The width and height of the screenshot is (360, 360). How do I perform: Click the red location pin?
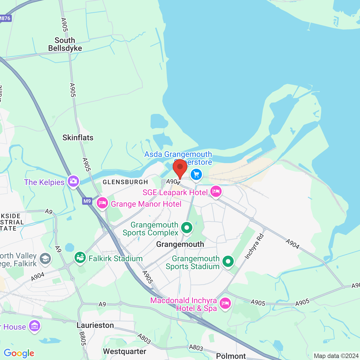tap(180, 167)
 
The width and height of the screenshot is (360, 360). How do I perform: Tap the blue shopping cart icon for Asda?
tap(196, 175)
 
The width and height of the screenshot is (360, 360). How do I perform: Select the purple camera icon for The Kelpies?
tap(73, 181)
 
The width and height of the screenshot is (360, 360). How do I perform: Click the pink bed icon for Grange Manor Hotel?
tap(102, 203)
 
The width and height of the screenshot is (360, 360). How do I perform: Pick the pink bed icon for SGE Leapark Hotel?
tap(216, 192)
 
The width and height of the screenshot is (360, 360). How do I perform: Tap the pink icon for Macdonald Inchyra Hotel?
tap(225, 303)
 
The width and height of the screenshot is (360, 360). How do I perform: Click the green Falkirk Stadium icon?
tap(80, 257)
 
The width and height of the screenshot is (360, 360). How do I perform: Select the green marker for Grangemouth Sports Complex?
tap(187, 227)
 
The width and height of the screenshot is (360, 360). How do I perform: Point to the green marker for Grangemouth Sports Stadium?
tap(228, 261)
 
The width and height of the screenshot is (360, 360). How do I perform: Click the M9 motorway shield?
tap(87, 201)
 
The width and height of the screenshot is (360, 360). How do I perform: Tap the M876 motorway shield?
tap(5, 18)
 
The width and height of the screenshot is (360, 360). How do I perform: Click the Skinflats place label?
tap(78, 138)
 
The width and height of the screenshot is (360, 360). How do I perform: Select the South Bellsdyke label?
tap(65, 44)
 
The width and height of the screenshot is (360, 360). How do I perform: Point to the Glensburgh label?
tap(125, 182)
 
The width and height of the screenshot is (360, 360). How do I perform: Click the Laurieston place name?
tap(95, 325)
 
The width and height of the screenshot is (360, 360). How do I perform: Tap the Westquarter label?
tap(125, 351)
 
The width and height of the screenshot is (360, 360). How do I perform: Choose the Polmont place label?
tap(231, 356)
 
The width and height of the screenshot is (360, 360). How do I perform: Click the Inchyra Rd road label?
tap(254, 246)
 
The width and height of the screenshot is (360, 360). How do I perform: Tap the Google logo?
tap(19, 353)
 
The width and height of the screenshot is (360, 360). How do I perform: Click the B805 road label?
tap(82, 339)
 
